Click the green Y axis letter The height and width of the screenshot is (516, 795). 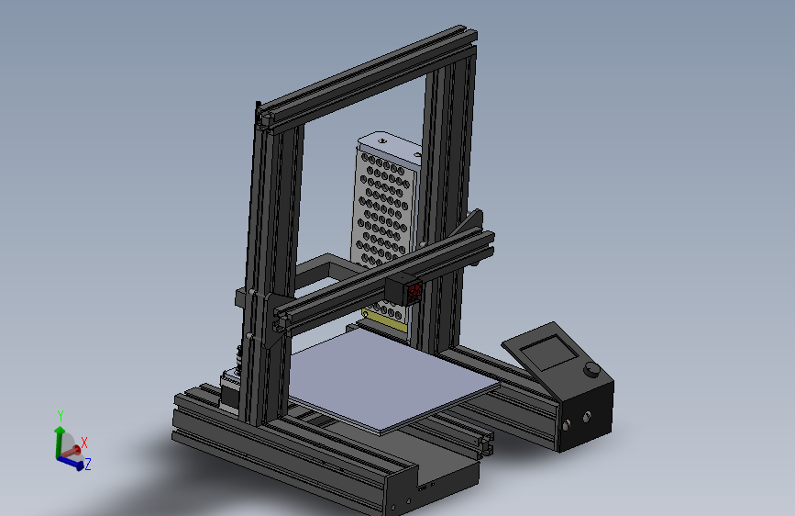[61, 416]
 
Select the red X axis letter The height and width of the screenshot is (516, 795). [84, 443]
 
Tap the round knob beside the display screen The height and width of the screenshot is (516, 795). [591, 371]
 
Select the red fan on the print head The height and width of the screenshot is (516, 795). [414, 292]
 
